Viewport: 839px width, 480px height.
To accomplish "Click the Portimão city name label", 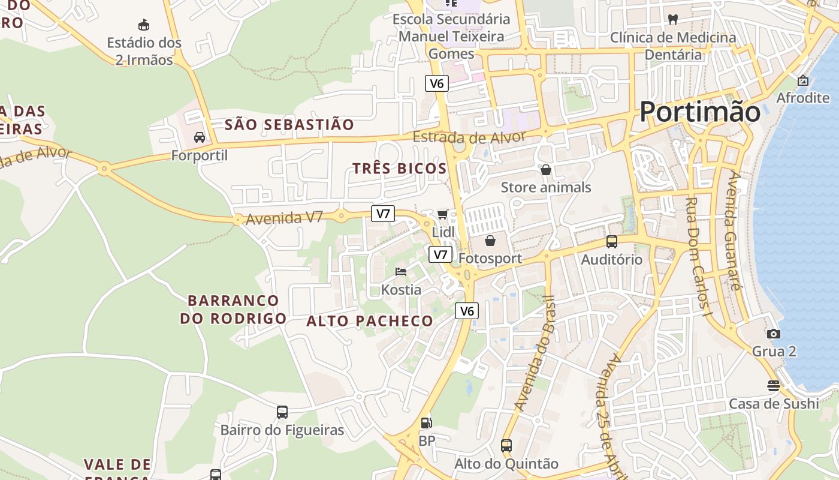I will click(x=700, y=112).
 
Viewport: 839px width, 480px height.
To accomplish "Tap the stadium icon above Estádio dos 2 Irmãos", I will click(x=144, y=25).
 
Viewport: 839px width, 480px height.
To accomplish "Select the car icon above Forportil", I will click(x=200, y=137).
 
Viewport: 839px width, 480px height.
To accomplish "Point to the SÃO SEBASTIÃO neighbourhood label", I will click(x=289, y=125).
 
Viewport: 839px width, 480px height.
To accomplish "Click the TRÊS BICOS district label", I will click(x=400, y=169).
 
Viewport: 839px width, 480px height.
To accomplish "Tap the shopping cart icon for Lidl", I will click(x=443, y=214).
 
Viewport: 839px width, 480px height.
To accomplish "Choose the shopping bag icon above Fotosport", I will click(x=490, y=241).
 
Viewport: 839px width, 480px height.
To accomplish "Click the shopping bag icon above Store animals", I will click(x=546, y=170).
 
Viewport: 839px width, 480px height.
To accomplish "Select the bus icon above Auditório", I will click(x=612, y=242).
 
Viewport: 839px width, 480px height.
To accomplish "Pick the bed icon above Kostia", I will click(x=402, y=272).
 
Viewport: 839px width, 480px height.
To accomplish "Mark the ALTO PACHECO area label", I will click(x=370, y=321).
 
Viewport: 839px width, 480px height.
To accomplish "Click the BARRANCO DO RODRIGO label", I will click(x=233, y=309).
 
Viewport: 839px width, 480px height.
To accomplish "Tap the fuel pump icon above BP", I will click(x=426, y=423).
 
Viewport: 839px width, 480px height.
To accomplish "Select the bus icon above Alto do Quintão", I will click(x=506, y=446).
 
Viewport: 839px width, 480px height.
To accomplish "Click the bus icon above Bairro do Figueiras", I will click(x=282, y=412).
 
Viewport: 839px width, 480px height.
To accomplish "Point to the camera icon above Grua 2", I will click(x=774, y=334).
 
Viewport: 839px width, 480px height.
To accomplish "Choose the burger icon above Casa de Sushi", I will click(x=774, y=386).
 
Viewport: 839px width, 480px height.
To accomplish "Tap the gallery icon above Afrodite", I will click(x=803, y=80).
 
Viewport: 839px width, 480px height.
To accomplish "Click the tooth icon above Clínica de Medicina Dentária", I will click(x=673, y=19).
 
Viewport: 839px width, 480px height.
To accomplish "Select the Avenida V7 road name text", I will click(x=285, y=218).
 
